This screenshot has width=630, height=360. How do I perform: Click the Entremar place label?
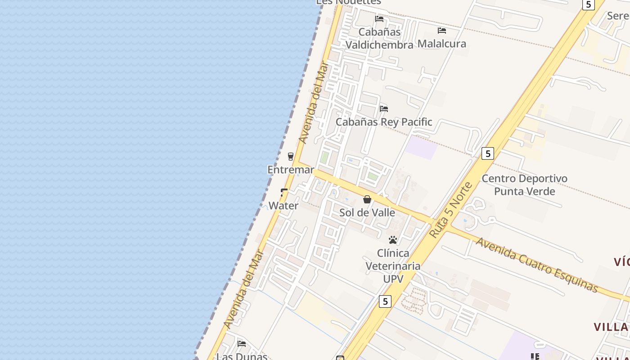[291, 170]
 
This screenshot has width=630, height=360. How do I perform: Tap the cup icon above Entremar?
[291, 157]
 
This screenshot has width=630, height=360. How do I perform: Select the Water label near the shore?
[283, 206]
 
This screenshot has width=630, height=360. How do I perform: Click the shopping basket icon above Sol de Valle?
[367, 199]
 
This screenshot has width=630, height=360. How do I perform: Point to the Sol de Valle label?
[367, 212]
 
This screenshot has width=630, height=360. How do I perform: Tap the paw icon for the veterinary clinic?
[393, 240]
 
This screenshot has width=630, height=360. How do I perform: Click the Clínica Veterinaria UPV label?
[393, 266]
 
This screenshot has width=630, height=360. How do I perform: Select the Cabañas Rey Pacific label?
[384, 122]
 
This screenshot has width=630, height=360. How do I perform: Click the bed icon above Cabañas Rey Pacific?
[384, 109]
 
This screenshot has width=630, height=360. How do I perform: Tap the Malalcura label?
[442, 44]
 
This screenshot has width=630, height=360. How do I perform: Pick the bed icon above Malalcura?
[442, 31]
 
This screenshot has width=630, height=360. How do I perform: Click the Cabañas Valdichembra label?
[379, 39]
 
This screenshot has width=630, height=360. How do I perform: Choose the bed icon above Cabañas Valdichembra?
[379, 19]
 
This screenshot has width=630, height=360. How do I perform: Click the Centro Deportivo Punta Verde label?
[524, 185]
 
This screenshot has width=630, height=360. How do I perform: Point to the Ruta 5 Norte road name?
[451, 210]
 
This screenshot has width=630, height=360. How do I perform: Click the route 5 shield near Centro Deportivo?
[487, 153]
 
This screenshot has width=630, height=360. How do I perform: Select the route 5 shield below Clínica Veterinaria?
[385, 301]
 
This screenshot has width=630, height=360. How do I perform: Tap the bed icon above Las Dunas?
[242, 344]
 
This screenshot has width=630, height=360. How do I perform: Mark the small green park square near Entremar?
[324, 157]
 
